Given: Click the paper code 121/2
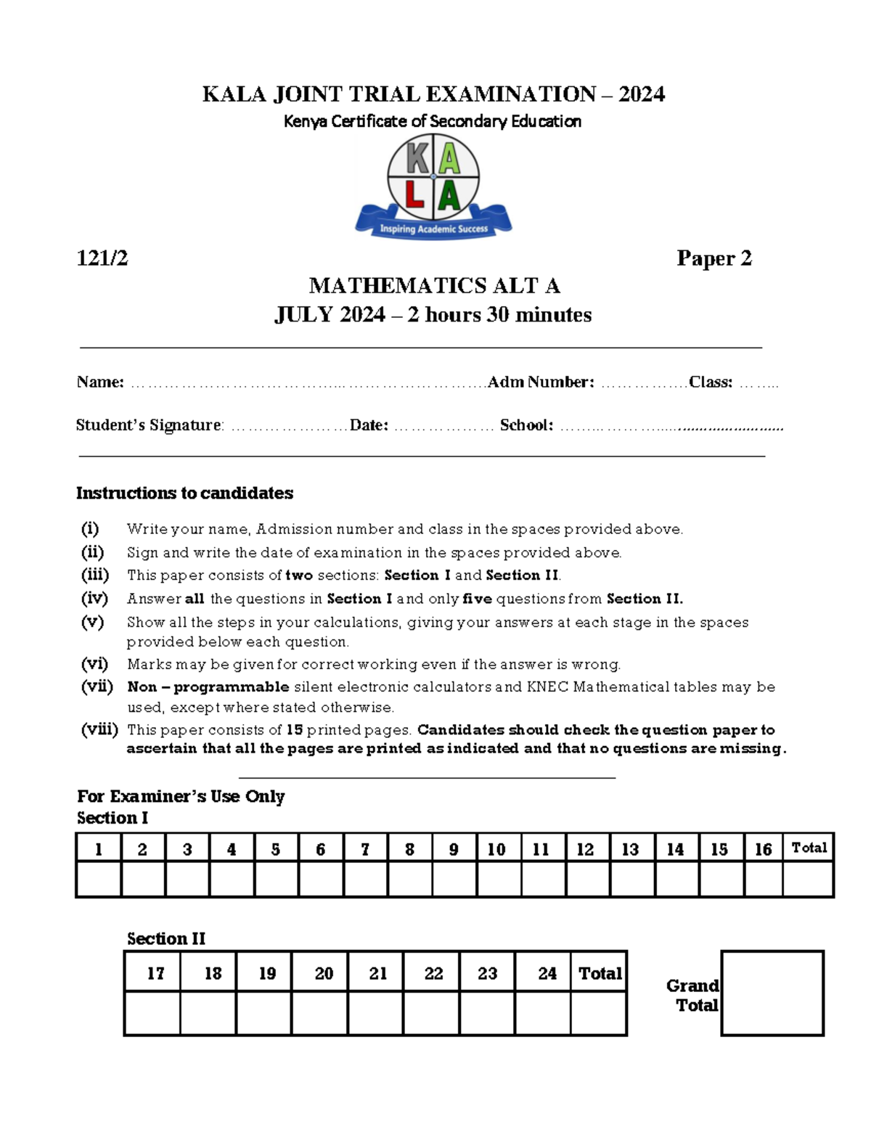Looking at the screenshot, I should [102, 258].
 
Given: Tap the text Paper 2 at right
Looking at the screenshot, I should [713, 258].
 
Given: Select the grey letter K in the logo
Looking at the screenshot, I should [416, 158].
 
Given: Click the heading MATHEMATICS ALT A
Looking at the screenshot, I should [434, 286].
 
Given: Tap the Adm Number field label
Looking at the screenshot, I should [541, 382].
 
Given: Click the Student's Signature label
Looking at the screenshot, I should [149, 425].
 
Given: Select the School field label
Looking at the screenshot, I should [526, 425].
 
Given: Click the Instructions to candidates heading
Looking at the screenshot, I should [184, 493].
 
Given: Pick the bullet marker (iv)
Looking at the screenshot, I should [94, 599].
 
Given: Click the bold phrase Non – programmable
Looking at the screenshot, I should [208, 687].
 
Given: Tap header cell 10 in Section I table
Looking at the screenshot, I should [496, 849].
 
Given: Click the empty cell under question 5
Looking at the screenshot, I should [276, 880].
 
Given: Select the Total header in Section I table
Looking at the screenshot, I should [809, 848].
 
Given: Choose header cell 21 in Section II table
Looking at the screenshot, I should [377, 973].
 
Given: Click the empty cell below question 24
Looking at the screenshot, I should [543, 1013].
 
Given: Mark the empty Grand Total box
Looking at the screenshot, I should [772, 993].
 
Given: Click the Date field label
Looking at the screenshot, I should [369, 425].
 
